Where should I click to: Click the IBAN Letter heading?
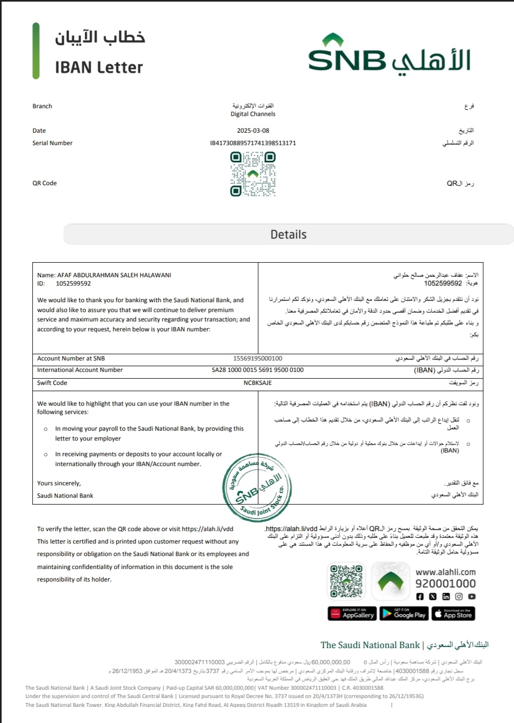99,68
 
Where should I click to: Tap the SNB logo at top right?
390,56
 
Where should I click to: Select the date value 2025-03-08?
253,131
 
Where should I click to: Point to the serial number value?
253,143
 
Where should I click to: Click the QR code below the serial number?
253,174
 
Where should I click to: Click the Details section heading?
289,235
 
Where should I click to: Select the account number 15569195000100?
258,358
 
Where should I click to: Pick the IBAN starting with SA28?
258,370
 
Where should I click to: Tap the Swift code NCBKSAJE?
258,383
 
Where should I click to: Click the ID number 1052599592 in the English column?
73,283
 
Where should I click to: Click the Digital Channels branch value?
253,114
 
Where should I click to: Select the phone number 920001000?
445,584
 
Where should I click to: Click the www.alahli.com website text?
445,572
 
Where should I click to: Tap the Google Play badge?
404,614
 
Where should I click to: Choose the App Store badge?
453,614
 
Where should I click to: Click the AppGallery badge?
352,614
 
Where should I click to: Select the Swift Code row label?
52,383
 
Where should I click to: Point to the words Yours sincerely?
59,483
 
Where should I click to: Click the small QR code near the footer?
346,580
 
